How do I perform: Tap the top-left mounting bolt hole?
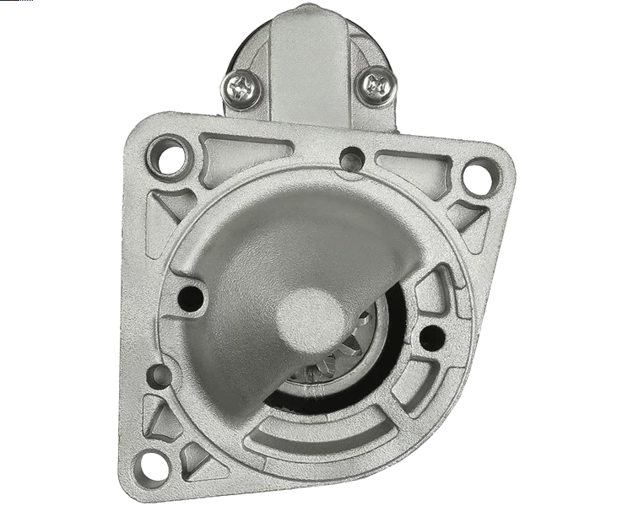pos(169,158)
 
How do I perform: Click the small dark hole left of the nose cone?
pos(192,296)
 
